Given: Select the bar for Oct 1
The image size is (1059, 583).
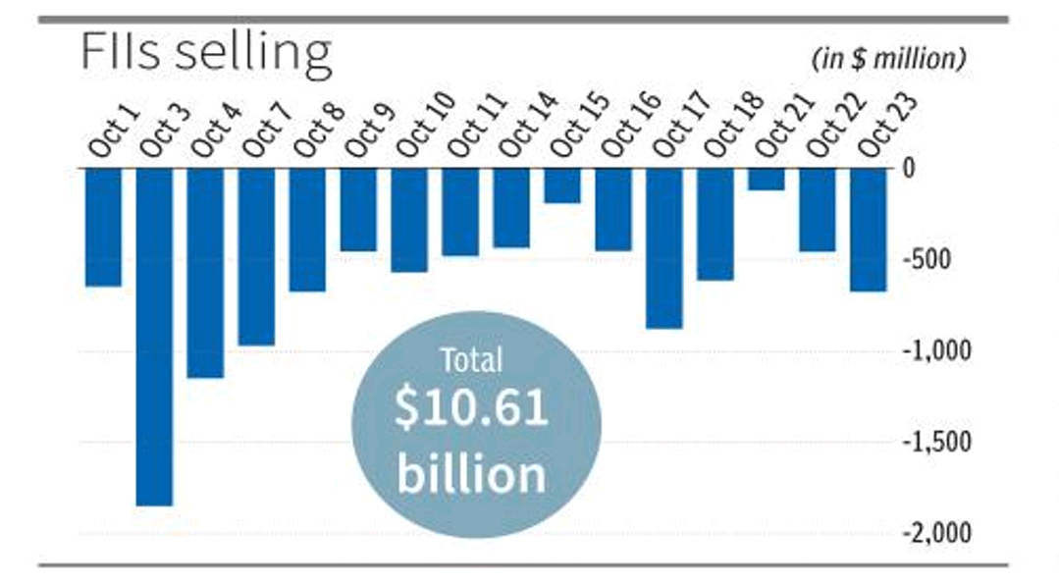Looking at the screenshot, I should (x=103, y=227).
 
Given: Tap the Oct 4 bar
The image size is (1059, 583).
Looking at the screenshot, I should (x=205, y=272).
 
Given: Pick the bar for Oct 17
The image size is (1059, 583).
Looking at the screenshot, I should (x=663, y=247).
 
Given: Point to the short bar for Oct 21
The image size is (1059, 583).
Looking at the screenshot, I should (x=766, y=179).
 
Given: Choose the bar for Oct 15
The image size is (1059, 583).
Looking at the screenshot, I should (x=562, y=185).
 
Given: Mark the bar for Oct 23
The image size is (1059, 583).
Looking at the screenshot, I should (x=868, y=230).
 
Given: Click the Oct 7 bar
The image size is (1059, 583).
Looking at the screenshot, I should (x=256, y=256).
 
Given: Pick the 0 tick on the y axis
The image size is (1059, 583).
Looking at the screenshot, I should (x=909, y=169).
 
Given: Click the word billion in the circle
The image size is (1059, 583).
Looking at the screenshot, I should (x=470, y=474).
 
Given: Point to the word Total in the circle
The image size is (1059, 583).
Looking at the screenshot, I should (x=471, y=361).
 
